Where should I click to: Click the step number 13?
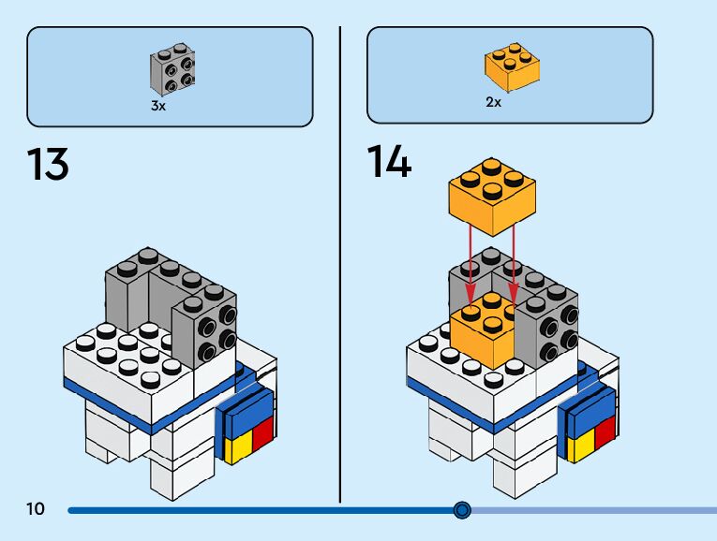48,164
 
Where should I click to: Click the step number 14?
389,163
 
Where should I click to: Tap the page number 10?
36,509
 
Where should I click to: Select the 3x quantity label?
158,107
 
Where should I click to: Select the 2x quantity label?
494,102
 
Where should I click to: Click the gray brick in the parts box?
172,71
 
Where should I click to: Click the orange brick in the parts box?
512,66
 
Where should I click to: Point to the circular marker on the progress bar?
461,510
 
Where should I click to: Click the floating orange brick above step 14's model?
491,197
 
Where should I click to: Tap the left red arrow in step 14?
470,267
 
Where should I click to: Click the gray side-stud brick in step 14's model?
547,328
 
